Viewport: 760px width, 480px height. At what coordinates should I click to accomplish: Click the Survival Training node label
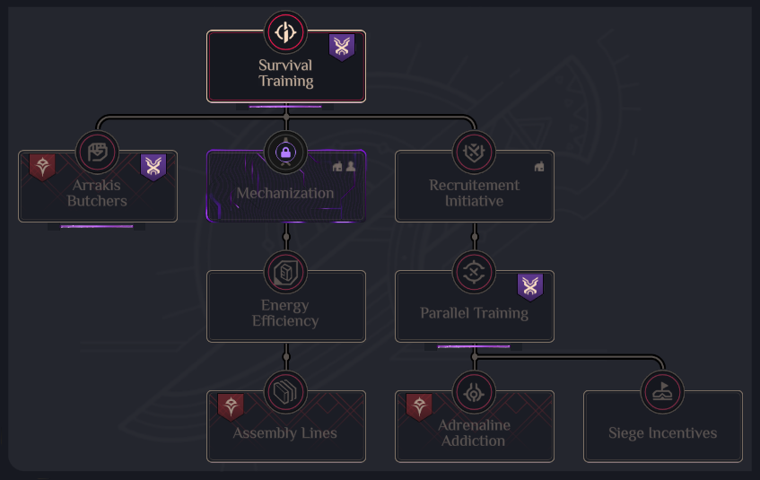point(285,73)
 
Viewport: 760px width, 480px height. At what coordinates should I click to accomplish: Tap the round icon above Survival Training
point(286,32)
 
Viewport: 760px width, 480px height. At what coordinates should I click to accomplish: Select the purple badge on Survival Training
point(342,47)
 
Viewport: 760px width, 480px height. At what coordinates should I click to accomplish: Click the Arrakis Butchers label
point(97,193)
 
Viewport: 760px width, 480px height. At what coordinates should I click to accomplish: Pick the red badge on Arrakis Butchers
point(42,166)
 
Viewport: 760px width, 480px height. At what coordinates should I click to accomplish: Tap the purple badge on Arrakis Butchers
point(153,166)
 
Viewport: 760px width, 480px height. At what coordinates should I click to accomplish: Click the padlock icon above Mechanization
point(286,153)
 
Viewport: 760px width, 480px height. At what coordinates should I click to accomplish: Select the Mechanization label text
point(285,193)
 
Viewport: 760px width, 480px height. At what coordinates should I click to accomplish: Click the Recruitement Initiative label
point(475,193)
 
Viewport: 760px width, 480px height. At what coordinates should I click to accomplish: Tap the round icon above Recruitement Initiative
point(475,153)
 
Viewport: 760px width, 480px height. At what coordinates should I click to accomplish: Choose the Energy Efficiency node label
point(285,313)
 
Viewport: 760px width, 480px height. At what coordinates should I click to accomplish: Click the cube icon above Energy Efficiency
point(286,272)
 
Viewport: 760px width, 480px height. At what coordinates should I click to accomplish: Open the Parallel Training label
point(474,313)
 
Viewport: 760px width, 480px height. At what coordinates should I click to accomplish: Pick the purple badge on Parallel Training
point(530,287)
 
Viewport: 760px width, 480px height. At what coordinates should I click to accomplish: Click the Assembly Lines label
point(285,433)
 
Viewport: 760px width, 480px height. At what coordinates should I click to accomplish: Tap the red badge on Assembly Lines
point(231,406)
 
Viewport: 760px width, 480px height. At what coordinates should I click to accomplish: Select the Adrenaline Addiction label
point(474,433)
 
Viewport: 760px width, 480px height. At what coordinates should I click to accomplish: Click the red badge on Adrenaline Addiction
point(419,406)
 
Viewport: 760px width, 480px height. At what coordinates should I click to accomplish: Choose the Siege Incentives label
point(663,433)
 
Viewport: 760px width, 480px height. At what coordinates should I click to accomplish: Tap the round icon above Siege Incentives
point(663,392)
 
